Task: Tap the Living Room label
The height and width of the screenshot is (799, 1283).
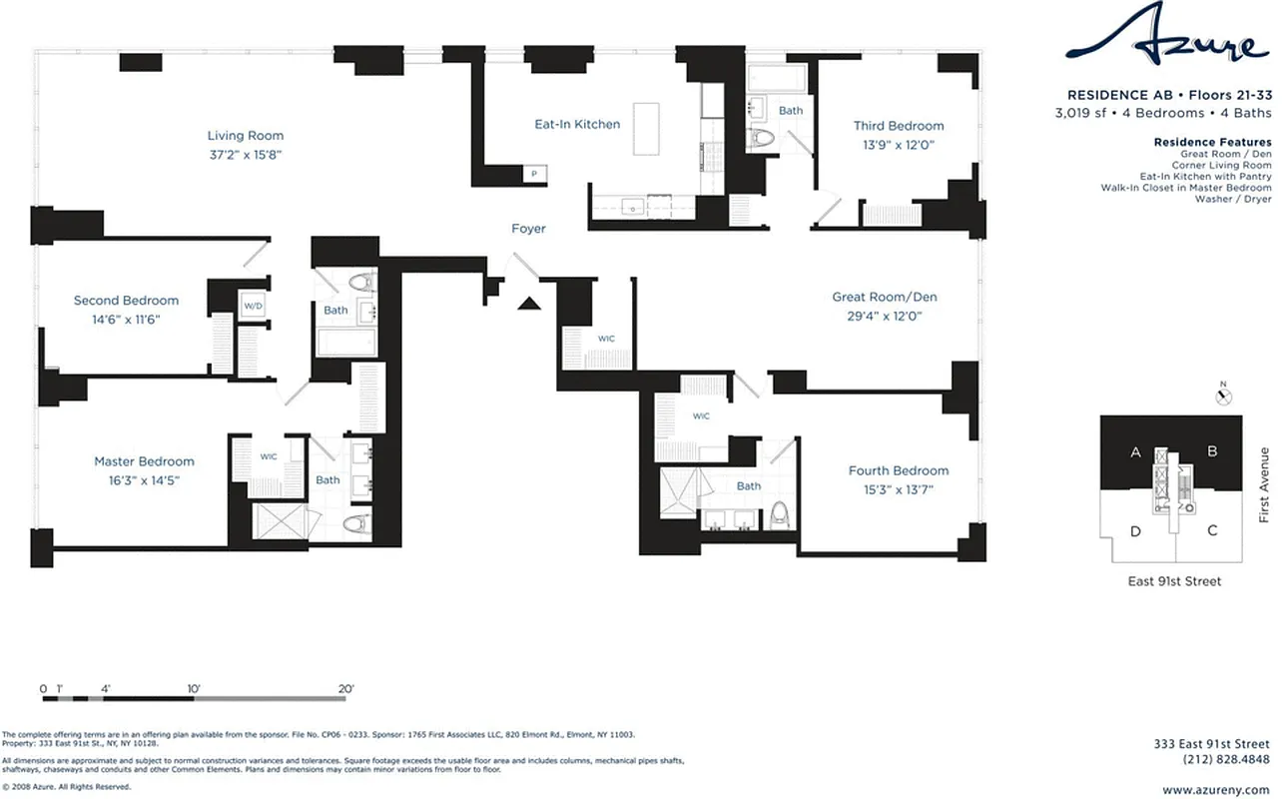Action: click(246, 136)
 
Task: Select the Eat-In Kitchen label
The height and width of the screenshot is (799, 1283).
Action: click(577, 125)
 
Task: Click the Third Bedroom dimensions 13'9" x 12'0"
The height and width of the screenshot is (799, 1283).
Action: click(898, 145)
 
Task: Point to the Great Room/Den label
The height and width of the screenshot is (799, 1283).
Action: click(885, 297)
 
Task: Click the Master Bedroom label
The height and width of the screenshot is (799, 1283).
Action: click(144, 461)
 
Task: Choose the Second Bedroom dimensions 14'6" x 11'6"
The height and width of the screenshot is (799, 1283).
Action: click(126, 320)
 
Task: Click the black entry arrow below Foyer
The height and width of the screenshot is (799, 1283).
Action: click(528, 303)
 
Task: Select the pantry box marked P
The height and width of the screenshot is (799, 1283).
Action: click(534, 174)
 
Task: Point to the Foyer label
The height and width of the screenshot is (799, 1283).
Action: click(528, 229)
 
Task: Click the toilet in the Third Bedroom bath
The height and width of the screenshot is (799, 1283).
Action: click(764, 140)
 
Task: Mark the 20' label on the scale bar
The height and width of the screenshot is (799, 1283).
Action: click(345, 689)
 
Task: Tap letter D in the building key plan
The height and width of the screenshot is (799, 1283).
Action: click(1135, 530)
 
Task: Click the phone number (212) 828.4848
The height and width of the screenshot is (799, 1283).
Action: click(1224, 759)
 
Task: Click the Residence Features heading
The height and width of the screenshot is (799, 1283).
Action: click(1212, 143)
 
